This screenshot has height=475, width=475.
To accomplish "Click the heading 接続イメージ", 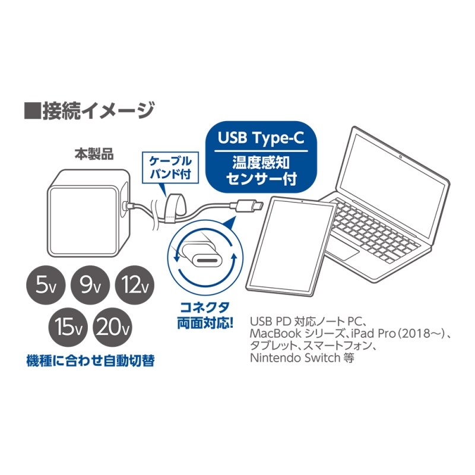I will [x=89, y=110].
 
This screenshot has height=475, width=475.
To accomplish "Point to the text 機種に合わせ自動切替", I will [x=90, y=360].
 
